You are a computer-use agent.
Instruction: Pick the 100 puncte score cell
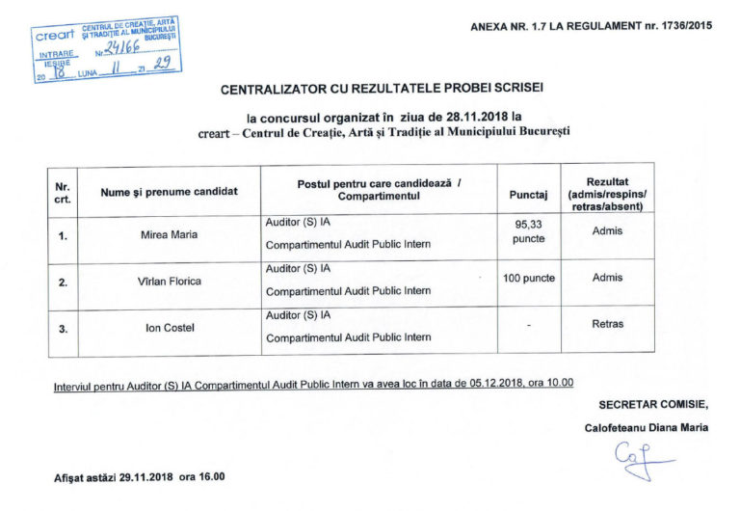click(529, 278)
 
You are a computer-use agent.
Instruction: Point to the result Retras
click(607, 324)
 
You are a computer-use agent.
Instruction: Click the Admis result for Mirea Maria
click(607, 231)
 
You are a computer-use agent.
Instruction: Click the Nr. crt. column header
click(63, 192)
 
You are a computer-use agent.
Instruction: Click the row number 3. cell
click(63, 329)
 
